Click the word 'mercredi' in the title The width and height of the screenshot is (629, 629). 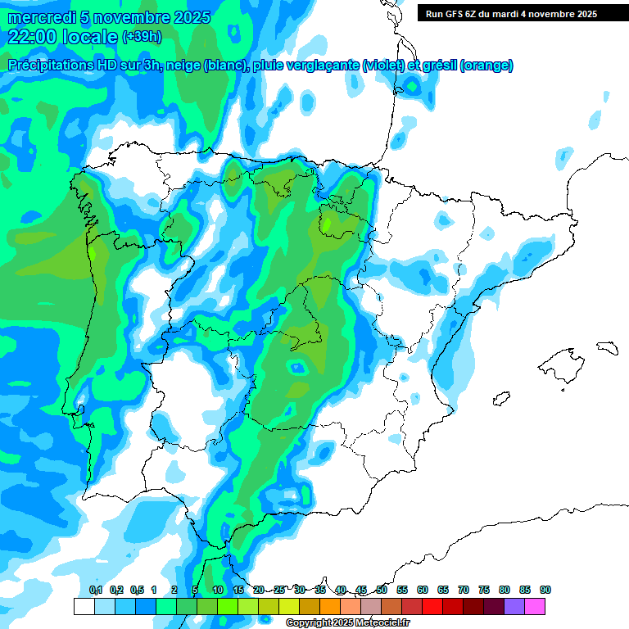pyautogui.click(x=41, y=17)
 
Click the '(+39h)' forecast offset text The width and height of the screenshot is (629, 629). pyautogui.click(x=141, y=37)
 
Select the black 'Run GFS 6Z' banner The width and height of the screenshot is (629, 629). pyautogui.click(x=522, y=14)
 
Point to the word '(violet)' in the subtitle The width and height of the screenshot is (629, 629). pyautogui.click(x=382, y=66)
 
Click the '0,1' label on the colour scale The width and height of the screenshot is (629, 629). pyautogui.click(x=96, y=590)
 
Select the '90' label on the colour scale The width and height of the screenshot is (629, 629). pyautogui.click(x=545, y=590)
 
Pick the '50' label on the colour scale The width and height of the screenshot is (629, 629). pyautogui.click(x=382, y=590)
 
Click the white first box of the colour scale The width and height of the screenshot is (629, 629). pyautogui.click(x=84, y=606)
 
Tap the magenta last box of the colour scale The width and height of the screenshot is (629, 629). pyautogui.click(x=535, y=606)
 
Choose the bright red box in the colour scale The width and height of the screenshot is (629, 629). pyautogui.click(x=432, y=606)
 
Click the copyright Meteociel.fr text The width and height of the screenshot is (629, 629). pyautogui.click(x=348, y=623)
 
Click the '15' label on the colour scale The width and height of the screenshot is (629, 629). pyautogui.click(x=238, y=590)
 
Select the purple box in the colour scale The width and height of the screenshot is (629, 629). pyautogui.click(x=514, y=606)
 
